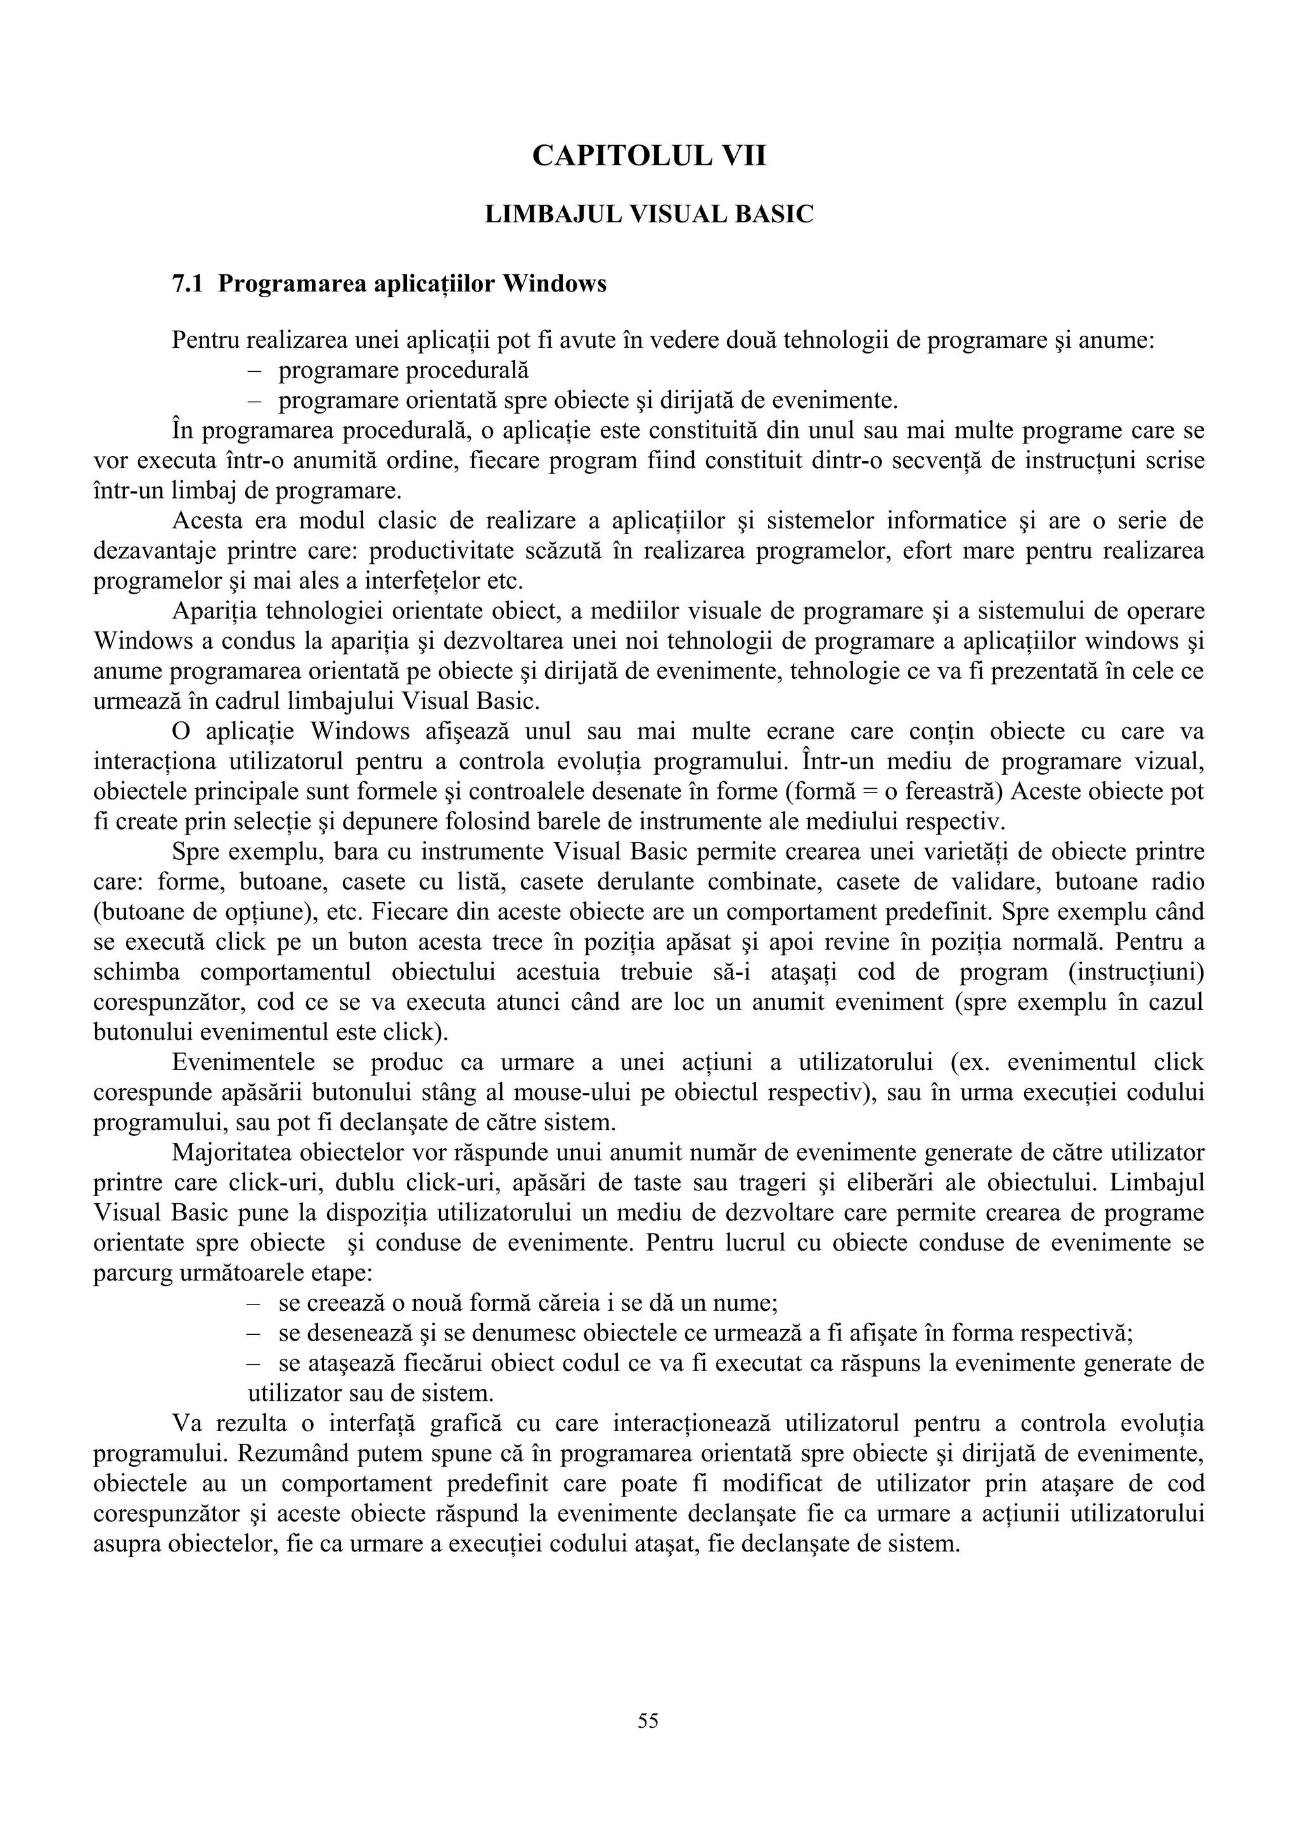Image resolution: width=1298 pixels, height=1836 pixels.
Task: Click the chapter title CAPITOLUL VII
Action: tap(648, 155)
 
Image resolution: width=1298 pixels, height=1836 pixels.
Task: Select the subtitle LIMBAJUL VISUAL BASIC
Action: tap(648, 214)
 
